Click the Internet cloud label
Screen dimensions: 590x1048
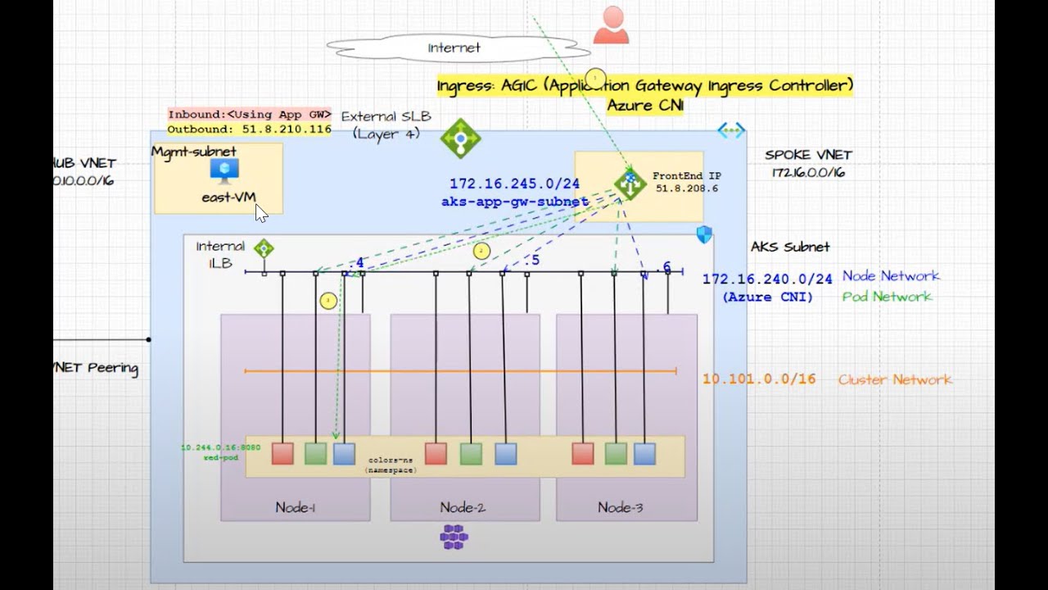click(x=454, y=48)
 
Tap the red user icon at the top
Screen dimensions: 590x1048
click(x=611, y=25)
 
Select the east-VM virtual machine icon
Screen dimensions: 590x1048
click(x=224, y=170)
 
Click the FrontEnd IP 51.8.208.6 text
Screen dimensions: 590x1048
click(x=686, y=182)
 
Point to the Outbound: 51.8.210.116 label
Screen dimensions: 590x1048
click(x=249, y=129)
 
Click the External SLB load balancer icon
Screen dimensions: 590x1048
click(x=460, y=138)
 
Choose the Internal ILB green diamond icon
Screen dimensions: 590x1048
click(x=263, y=248)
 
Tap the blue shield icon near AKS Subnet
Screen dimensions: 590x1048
click(x=704, y=235)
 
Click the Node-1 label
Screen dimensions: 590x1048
click(x=295, y=507)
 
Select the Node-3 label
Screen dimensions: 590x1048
click(x=620, y=507)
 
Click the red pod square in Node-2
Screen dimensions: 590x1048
click(x=436, y=453)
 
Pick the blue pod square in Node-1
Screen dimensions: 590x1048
click(x=344, y=453)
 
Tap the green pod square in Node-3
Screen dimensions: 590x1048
click(x=616, y=453)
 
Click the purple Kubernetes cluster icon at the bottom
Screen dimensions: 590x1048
click(x=454, y=538)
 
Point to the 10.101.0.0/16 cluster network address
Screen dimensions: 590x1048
click(x=759, y=379)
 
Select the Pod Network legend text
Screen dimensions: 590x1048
click(x=887, y=297)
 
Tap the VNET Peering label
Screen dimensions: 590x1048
click(x=96, y=368)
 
